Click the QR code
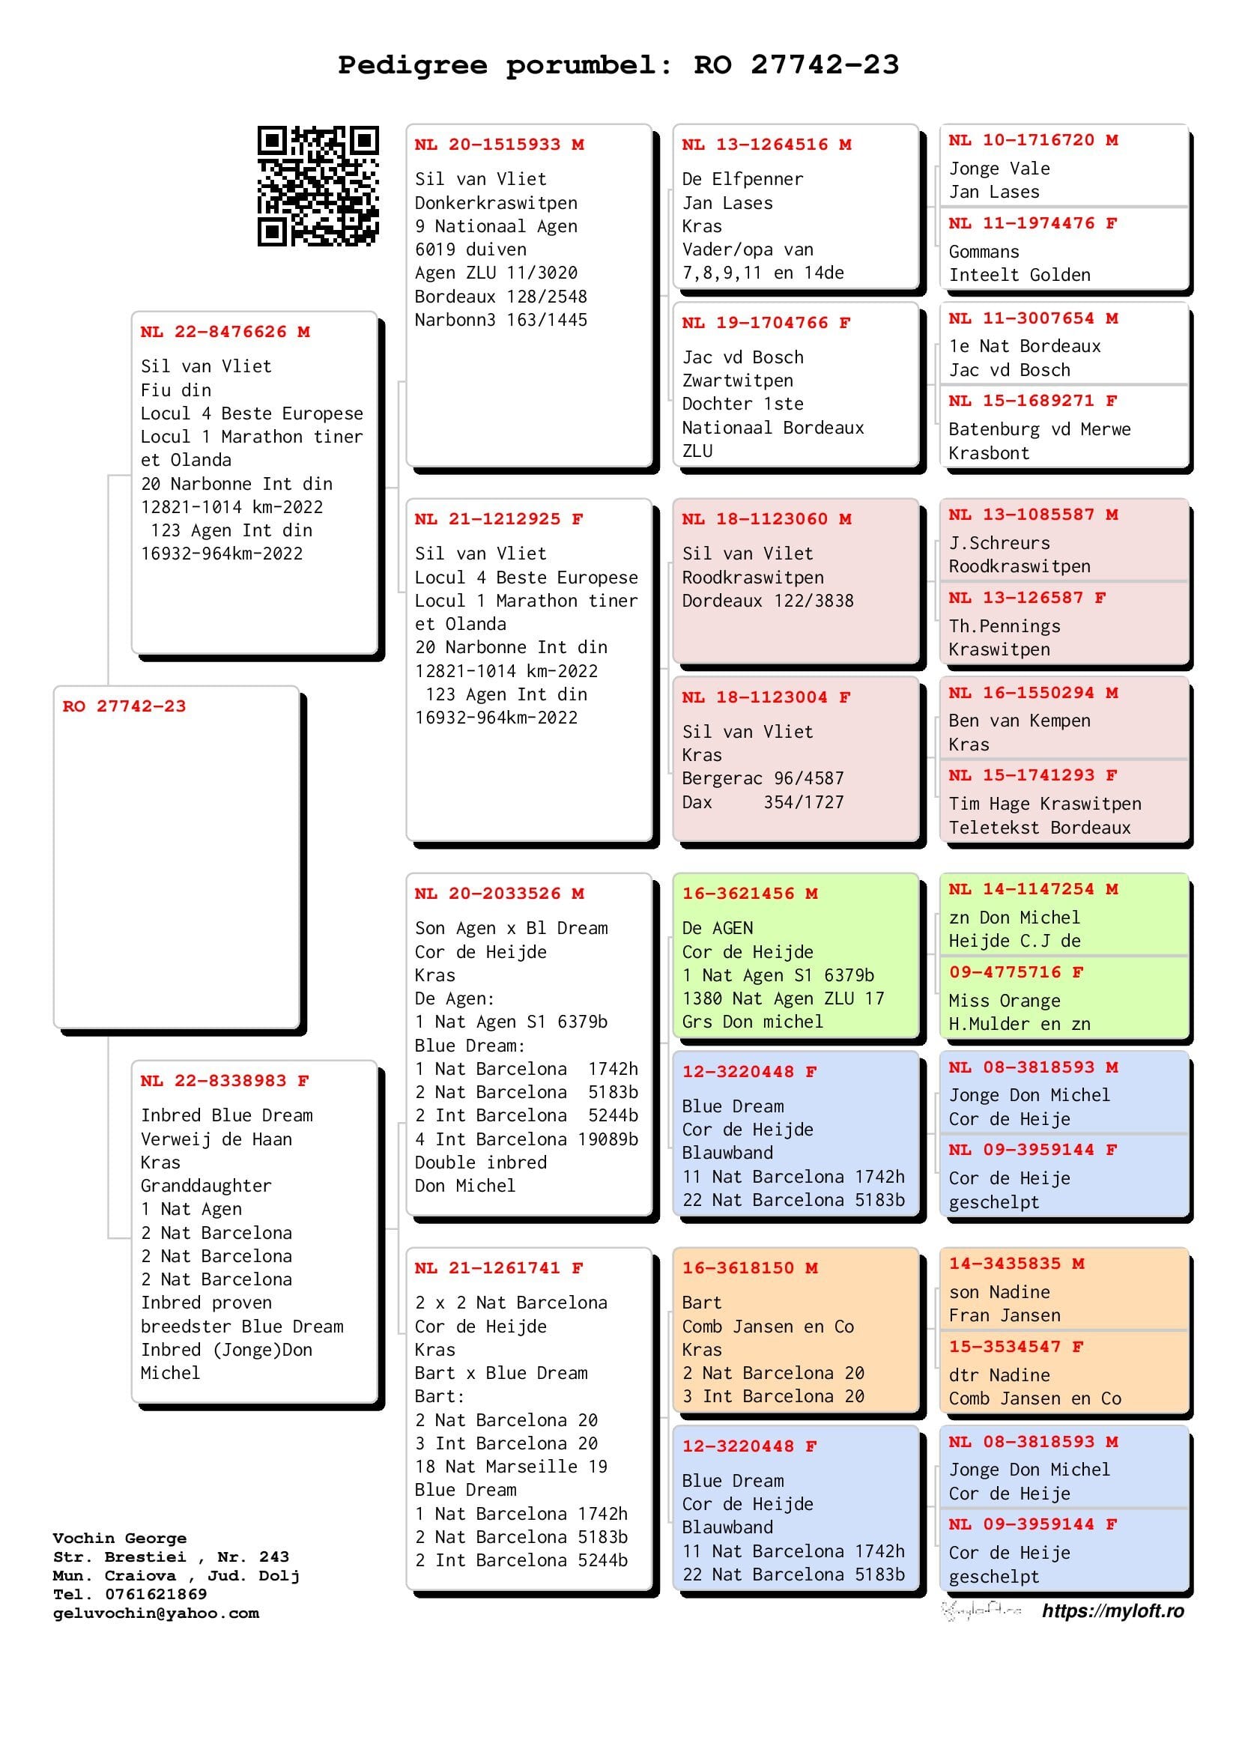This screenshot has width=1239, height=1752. pyautogui.click(x=318, y=187)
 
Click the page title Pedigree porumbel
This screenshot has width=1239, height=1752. pyautogui.click(x=618, y=65)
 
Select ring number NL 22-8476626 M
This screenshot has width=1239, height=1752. pyautogui.click(x=225, y=332)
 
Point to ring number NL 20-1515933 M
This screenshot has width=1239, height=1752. pyautogui.click(x=499, y=145)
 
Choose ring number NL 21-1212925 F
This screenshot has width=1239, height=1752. pyautogui.click(x=499, y=519)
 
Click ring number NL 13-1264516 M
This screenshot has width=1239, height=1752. pyautogui.click(x=766, y=145)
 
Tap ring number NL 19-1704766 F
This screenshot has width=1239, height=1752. pyautogui.click(x=766, y=323)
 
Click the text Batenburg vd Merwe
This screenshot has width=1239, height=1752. pyautogui.click(x=1039, y=430)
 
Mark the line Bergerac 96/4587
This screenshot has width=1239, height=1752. pyautogui.click(x=762, y=778)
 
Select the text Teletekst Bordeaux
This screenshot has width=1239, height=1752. pyautogui.click(x=1039, y=828)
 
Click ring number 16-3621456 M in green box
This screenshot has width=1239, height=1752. pyautogui.click(x=749, y=894)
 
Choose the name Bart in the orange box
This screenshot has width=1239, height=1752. pyautogui.click(x=701, y=1303)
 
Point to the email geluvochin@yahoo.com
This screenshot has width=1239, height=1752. pyautogui.click(x=157, y=1613)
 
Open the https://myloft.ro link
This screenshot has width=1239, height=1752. pyautogui.click(x=1112, y=1611)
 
